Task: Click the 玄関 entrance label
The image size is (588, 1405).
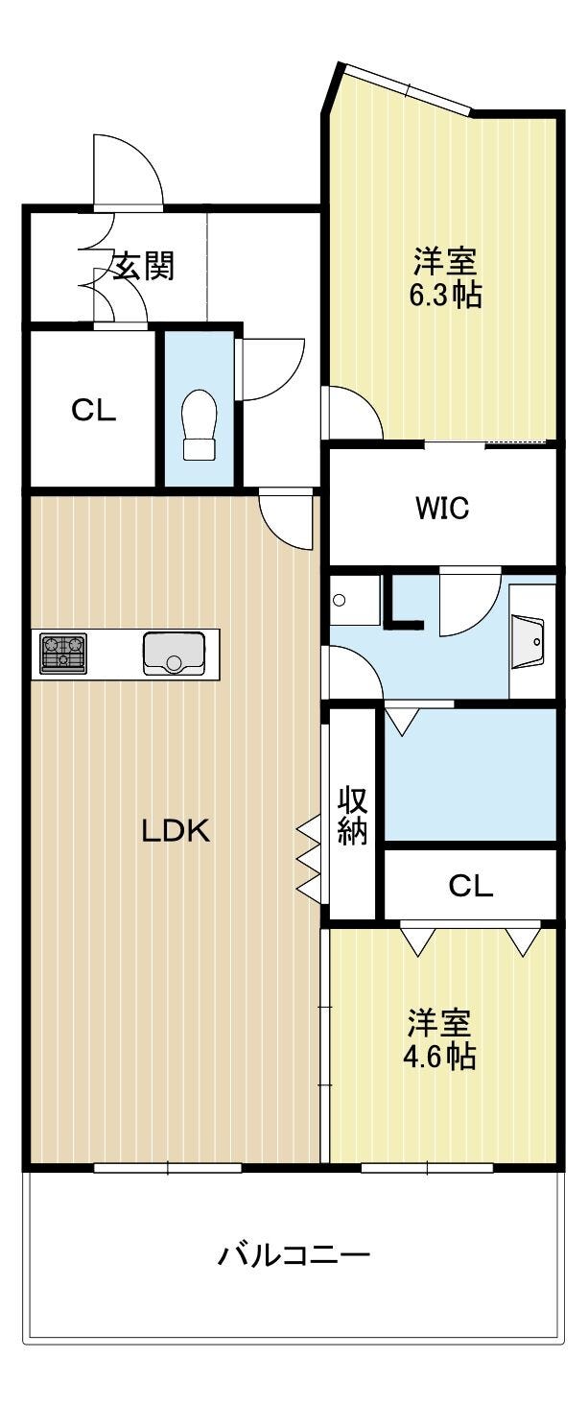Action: (144, 266)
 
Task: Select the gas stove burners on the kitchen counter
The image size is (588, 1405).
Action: (62, 653)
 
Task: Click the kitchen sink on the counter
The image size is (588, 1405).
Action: (174, 653)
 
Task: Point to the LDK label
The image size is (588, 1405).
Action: (176, 832)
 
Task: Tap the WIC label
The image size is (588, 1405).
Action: (442, 508)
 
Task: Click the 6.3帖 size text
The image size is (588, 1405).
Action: (446, 295)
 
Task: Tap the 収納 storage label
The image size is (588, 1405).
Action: (352, 815)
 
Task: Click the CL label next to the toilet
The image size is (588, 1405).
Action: (93, 411)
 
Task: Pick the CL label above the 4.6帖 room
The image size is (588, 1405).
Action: (471, 886)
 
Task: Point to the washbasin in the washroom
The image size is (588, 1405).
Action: (528, 641)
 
